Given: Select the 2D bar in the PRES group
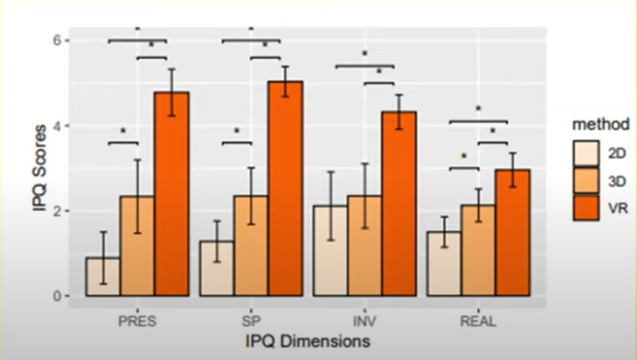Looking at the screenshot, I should coord(103,277).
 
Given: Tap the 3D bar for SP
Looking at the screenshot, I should coord(251,246).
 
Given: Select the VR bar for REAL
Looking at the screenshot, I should coord(512,233).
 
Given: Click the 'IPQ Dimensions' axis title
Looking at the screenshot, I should coord(308,342).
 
